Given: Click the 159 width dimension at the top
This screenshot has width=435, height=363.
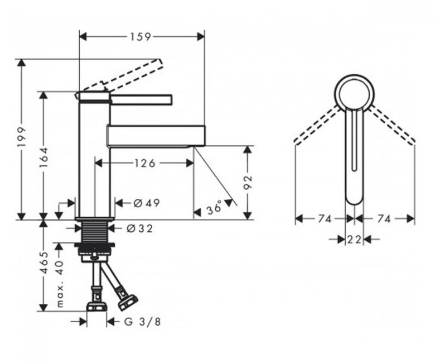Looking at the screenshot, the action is tap(141, 36).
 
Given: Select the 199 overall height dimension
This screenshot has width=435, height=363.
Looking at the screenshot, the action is tap(22, 137).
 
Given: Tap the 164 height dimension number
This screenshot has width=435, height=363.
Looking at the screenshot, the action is tap(44, 157).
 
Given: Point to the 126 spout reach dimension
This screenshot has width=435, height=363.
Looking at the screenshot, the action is tap(145, 163).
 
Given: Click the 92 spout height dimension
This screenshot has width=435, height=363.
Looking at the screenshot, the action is tap(248, 182).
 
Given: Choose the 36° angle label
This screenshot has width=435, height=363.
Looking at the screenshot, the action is tap(215, 207).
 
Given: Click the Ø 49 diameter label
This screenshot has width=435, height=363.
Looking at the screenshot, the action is tap(147, 203).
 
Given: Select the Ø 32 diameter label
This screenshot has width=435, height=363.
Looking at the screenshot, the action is tap(140, 229).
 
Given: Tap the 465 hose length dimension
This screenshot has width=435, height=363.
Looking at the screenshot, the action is tap(44, 262).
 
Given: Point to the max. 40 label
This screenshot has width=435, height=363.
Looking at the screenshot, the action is tap(60, 283).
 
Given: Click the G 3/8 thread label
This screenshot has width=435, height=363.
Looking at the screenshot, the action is tap(142, 322).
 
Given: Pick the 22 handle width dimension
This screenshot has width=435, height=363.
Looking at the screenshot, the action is tap(354, 239).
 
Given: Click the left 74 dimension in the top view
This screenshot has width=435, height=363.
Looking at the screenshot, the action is tap(325, 219).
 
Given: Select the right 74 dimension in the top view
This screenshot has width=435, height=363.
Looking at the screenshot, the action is tap(384, 219).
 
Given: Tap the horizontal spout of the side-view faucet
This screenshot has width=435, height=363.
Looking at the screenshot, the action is tap(156, 135).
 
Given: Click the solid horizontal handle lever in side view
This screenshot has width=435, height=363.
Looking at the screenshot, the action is tap(141, 100).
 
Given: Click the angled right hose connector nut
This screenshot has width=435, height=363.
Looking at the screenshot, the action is tap(127, 303).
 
